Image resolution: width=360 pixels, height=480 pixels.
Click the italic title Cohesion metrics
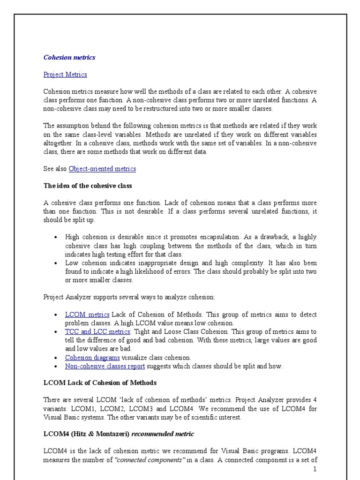[69, 58]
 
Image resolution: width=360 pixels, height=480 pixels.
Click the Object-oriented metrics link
[102, 169]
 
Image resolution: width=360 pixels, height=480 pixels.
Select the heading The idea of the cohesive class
[88, 186]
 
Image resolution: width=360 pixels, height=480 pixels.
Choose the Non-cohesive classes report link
[105, 366]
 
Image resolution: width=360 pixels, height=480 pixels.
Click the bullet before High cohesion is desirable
[56, 237]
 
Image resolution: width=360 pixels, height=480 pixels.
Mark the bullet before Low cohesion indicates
[56, 263]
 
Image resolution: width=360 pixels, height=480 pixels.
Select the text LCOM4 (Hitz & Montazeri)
[86, 434]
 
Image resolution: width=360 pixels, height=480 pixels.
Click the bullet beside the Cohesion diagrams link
[56, 358]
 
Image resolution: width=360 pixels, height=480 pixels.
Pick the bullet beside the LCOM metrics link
[56, 314]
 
